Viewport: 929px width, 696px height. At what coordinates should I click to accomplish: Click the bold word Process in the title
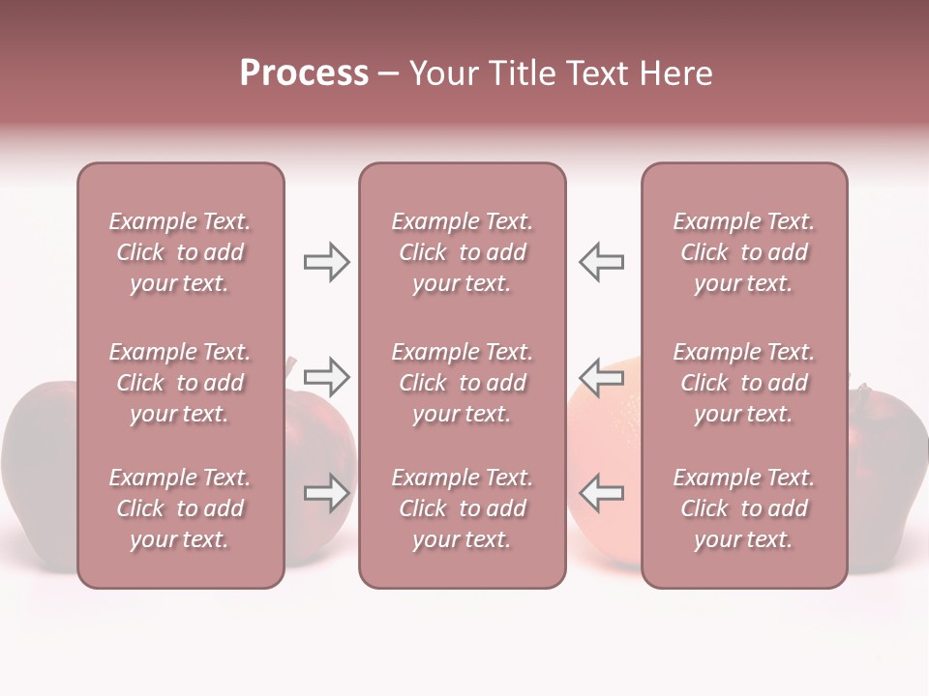[304, 73]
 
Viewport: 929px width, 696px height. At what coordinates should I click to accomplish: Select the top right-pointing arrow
[326, 262]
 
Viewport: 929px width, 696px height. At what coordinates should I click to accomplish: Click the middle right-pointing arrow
[326, 377]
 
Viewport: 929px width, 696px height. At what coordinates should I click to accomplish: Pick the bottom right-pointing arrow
[326, 493]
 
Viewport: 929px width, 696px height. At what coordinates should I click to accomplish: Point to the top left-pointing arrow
[602, 262]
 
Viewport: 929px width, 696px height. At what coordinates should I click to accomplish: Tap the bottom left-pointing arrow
[602, 493]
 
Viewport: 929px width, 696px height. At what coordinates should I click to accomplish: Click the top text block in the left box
[180, 252]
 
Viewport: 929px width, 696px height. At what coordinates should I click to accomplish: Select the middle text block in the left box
[180, 383]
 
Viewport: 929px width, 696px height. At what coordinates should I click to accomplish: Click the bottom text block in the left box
[180, 508]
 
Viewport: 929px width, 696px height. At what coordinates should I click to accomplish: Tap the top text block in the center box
[462, 252]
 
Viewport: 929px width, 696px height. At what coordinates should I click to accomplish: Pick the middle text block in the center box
[462, 383]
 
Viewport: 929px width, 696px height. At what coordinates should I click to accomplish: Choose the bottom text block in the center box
[462, 508]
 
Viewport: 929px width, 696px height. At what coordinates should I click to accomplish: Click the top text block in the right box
[743, 252]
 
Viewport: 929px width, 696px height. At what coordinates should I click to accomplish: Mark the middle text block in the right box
[743, 383]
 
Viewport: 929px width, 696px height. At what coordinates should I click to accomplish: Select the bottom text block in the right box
[743, 508]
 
